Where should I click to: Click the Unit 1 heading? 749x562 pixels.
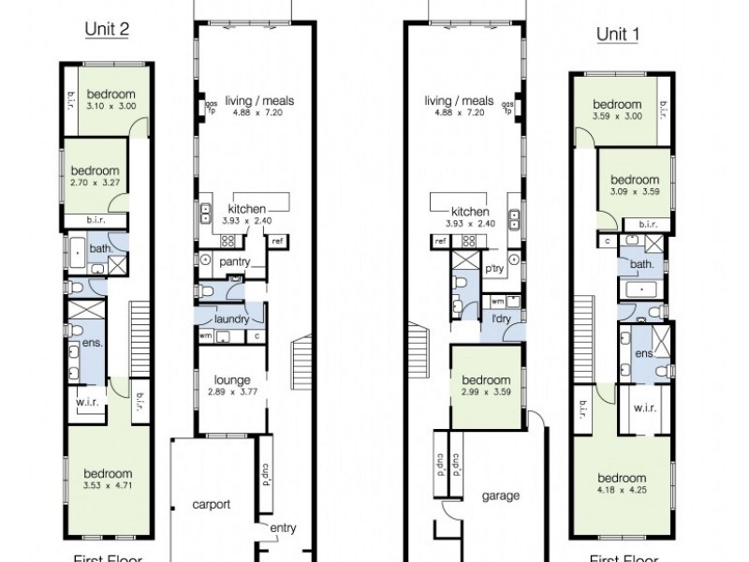tap(617, 35)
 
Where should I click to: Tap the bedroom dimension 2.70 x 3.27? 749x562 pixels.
tap(95, 183)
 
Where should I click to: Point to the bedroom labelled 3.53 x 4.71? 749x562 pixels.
tap(108, 480)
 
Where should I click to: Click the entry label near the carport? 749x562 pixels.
tap(283, 528)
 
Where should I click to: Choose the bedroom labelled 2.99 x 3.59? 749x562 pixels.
tap(486, 388)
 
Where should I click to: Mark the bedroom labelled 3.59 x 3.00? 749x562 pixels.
tap(617, 110)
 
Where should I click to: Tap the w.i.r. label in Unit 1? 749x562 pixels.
tap(643, 407)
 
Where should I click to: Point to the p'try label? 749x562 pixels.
tap(493, 268)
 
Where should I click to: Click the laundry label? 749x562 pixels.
tap(231, 319)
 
